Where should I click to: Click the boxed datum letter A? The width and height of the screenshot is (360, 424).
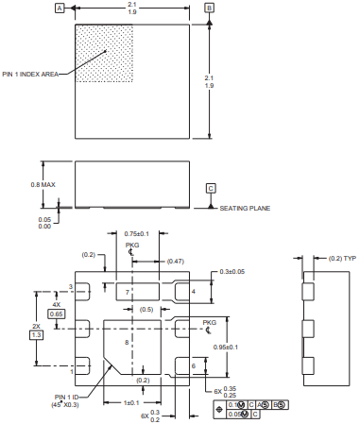[60, 8]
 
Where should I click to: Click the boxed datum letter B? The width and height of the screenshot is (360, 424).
[210, 8]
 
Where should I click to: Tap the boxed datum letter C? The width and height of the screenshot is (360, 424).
[211, 188]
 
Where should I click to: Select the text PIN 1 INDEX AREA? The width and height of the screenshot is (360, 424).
[30, 75]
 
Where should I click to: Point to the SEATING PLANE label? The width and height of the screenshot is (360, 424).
[245, 208]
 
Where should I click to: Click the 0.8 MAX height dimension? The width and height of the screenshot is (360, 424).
[43, 184]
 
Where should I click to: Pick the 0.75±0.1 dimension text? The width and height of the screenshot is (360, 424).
[136, 234]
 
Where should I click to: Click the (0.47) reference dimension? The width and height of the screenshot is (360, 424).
[176, 261]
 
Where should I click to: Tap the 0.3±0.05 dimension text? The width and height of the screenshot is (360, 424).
[231, 272]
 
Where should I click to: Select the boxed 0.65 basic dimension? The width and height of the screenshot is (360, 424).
[57, 314]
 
